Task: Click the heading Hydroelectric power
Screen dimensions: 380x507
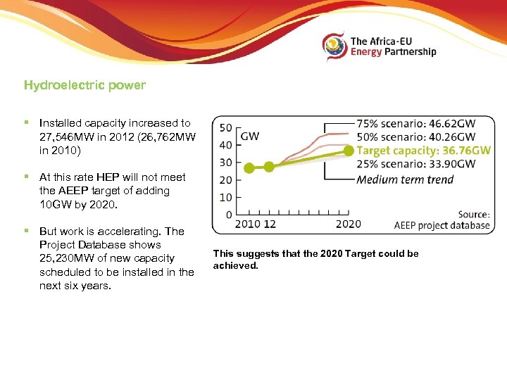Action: [x=84, y=85]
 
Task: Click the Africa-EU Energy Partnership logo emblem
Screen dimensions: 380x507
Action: [x=334, y=46]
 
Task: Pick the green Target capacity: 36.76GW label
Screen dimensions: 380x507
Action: [x=423, y=151]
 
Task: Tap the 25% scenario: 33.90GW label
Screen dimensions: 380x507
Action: [x=415, y=165]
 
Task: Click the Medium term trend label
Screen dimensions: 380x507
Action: [x=405, y=179]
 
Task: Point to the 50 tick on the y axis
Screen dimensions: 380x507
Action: [x=226, y=128]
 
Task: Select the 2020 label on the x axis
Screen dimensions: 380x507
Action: [x=349, y=224]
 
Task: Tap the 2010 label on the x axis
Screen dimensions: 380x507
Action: [x=247, y=224]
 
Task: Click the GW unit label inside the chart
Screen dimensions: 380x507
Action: [x=250, y=136]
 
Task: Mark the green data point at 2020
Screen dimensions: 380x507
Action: [x=349, y=151]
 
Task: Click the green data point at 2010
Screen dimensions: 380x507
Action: [x=249, y=167]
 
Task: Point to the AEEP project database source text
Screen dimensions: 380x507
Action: [x=442, y=225]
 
